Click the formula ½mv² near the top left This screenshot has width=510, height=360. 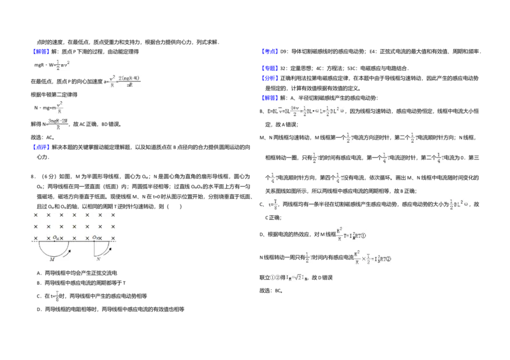click(62, 64)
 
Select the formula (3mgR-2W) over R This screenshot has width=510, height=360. click(58, 124)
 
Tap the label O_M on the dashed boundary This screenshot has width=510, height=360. click(57, 238)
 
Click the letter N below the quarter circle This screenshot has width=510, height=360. click(98, 259)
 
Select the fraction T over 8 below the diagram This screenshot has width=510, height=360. click(57, 295)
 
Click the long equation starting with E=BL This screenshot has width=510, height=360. click(306, 110)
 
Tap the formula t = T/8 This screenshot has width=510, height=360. click(273, 204)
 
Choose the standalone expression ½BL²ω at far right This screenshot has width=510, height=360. click(459, 204)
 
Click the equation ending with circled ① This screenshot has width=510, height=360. click(350, 234)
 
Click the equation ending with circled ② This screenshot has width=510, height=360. click(372, 257)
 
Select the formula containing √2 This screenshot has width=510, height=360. click(296, 277)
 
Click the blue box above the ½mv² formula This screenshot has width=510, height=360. click(41, 51)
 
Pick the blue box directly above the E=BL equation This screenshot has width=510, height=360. click(270, 97)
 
